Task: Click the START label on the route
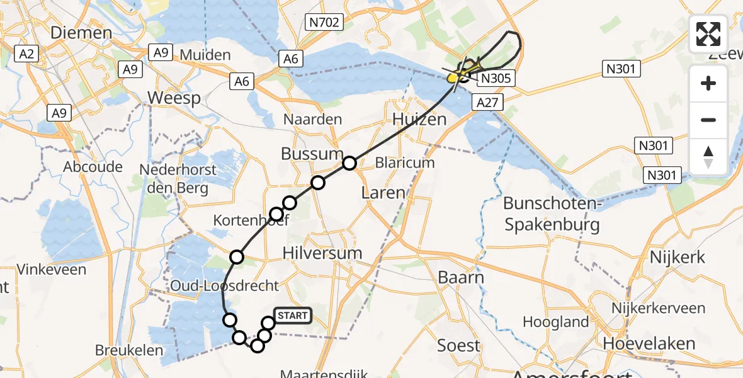pyautogui.click(x=292, y=316)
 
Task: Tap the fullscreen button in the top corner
pyautogui.click(x=708, y=34)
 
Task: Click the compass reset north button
pyautogui.click(x=708, y=156)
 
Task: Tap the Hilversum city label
pyautogui.click(x=322, y=253)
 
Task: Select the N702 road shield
pyautogui.click(x=324, y=23)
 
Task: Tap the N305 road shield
pyautogui.click(x=497, y=79)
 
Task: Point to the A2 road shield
pyautogui.click(x=26, y=54)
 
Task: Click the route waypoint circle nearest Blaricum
pyautogui.click(x=349, y=164)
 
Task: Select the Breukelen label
pyautogui.click(x=128, y=350)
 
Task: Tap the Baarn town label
pyautogui.click(x=462, y=278)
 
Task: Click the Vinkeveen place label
pyautogui.click(x=43, y=270)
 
